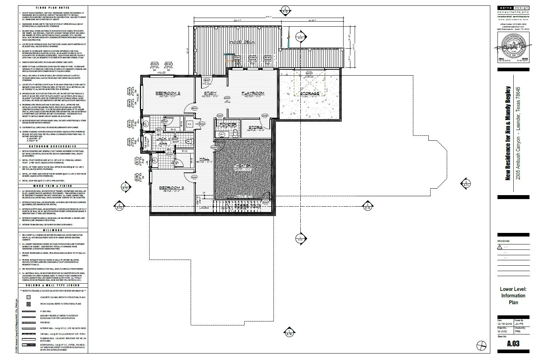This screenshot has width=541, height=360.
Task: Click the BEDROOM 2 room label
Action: [x=168, y=93]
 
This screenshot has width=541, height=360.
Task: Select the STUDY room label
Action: [x=210, y=93]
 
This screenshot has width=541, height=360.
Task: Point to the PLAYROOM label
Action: [x=253, y=93]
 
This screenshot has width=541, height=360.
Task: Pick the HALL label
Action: [x=204, y=158]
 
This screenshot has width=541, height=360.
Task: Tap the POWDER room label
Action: [x=228, y=125]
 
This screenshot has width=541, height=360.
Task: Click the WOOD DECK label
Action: [x=242, y=42]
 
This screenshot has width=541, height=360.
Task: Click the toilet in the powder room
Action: [x=236, y=133]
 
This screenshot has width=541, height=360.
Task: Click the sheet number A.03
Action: [x=513, y=344]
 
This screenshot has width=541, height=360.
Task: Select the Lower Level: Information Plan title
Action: [x=513, y=296]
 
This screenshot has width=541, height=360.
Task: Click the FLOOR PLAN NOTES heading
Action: [x=53, y=8]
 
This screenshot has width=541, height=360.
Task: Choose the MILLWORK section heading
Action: [x=53, y=230]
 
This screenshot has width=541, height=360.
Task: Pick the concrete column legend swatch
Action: [x=28, y=297]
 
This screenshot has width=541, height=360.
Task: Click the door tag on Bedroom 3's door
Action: [x=194, y=178]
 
